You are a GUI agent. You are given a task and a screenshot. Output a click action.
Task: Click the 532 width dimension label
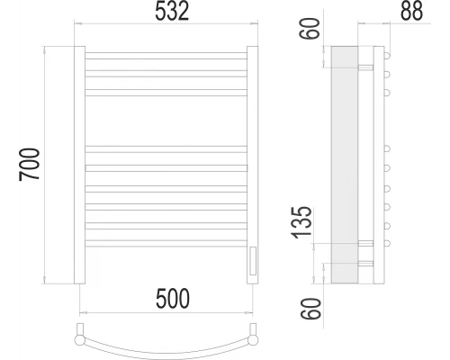coord(172,11)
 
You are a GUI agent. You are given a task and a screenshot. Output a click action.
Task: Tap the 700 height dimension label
coord(30,164)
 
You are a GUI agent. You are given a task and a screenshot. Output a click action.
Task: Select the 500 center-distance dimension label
coord(173,299)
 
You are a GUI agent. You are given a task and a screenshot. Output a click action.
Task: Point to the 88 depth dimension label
coord(411,11)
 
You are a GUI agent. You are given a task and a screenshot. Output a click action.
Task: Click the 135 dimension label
coord(302,222)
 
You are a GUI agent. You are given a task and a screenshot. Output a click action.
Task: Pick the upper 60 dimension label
coord(310,29)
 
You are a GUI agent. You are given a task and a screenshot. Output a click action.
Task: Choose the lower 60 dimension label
coord(310,309)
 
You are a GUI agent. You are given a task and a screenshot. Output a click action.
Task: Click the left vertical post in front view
coord(79,165)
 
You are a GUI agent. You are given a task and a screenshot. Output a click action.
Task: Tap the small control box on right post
coord(253,260)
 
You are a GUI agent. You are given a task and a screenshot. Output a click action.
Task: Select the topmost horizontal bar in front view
coord(166,56)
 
